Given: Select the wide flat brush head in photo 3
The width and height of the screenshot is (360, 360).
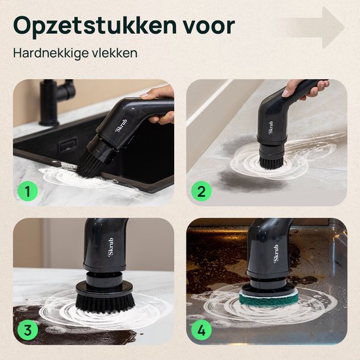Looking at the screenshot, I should [105, 298].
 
